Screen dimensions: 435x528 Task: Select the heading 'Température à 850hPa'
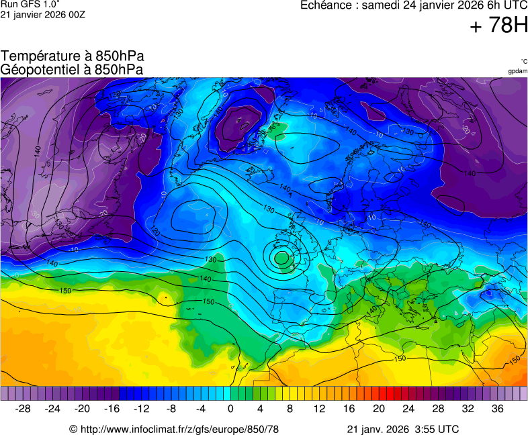[73, 56]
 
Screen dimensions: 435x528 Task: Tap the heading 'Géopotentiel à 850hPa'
[72, 69]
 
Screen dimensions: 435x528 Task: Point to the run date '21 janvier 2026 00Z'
[42, 15]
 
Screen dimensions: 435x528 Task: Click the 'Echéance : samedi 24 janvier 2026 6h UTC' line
[414, 5]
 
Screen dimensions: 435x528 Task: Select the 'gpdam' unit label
[517, 70]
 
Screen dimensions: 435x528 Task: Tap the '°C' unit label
[523, 61]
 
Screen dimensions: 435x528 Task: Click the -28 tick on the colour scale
[23, 409]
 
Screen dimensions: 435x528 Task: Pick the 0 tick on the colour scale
[230, 409]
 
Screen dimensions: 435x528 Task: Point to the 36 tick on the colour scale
[497, 409]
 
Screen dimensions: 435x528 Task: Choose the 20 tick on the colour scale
[378, 409]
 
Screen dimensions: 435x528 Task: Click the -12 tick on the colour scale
[141, 409]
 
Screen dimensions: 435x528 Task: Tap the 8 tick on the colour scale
[290, 409]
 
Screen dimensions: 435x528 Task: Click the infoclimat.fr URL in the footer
[174, 429]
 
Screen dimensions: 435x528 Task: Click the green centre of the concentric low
[281, 256]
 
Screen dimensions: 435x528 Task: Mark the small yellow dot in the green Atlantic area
[164, 296]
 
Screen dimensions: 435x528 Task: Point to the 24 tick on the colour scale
[408, 409]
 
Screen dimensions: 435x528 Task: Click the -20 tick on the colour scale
[82, 409]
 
